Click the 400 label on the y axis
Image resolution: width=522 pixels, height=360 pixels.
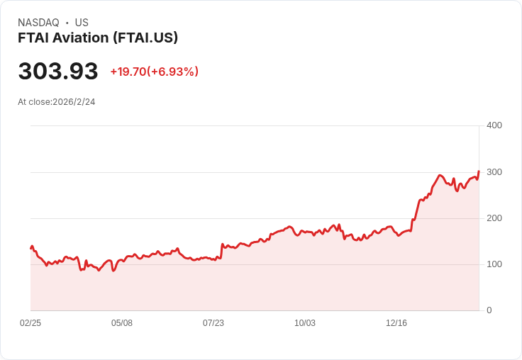tap(494, 125)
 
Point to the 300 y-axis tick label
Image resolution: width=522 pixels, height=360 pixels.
tap(494, 172)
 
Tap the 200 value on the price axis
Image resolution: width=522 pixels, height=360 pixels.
tap(494, 218)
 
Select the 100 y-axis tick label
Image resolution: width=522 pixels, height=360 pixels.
tap(494, 264)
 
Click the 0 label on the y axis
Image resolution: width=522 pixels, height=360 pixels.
tap(489, 310)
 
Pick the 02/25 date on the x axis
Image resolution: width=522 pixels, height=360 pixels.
tap(30, 322)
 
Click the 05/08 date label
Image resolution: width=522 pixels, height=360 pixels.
tap(122, 322)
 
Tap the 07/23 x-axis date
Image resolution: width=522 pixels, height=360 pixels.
tap(213, 322)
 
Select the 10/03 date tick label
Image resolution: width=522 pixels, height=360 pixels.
tap(304, 322)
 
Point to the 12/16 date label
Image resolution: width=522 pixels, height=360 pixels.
tap(396, 322)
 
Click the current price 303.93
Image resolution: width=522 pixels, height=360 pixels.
tap(58, 71)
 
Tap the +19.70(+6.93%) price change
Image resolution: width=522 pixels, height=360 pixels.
tap(155, 72)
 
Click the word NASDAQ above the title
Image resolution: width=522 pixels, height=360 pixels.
tap(38, 23)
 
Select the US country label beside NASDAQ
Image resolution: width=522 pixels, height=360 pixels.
tap(82, 23)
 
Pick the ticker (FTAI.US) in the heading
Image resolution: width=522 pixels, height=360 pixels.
tap(145, 38)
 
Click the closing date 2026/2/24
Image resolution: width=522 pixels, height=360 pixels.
tap(74, 102)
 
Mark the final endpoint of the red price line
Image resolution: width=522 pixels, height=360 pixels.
tap(479, 171)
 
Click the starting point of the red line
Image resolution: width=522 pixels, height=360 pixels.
tap(31, 248)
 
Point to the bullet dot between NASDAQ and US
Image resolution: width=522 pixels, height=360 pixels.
tap(67, 23)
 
